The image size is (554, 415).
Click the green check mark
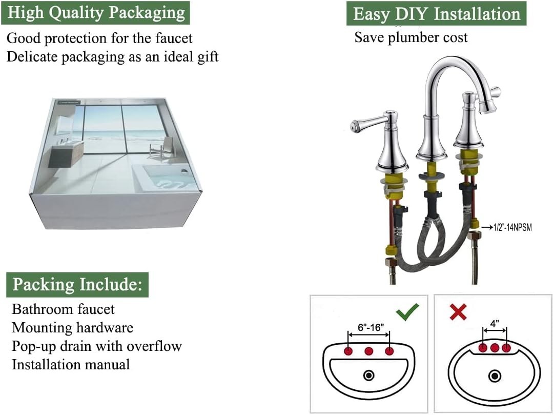pos(407,312)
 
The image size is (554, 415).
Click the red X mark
pos(458,312)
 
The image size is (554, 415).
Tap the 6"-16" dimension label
pos(371,327)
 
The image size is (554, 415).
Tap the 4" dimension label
pos(495,323)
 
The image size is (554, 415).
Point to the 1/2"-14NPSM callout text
pos(512,227)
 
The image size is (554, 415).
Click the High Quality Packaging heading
pos(96,13)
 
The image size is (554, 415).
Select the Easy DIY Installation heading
pos(437,14)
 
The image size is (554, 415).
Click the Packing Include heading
pos(78,285)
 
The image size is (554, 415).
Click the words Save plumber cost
pos(411,37)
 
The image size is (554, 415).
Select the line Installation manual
pos(71,364)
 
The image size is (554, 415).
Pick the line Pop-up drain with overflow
pos(97,346)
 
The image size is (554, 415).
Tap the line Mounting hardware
pos(72,328)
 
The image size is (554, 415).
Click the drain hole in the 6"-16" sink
pos(369,375)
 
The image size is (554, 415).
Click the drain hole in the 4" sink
pos(495,376)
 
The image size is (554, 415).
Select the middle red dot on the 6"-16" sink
pos(369,351)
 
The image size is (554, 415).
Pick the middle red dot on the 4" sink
pos(495,348)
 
